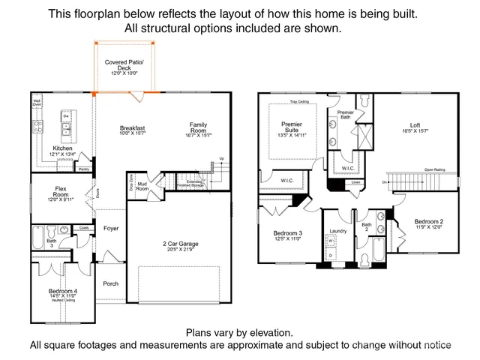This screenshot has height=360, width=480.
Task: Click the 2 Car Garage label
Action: click(178, 244)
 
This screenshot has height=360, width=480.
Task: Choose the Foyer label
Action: click(111, 228)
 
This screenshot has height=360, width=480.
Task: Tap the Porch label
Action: click(111, 283)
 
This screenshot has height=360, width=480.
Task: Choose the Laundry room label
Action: click(337, 231)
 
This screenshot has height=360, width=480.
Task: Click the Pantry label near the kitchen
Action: click(84, 169)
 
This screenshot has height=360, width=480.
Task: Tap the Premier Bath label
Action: click(345, 114)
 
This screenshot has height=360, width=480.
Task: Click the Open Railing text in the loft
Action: click(434, 170)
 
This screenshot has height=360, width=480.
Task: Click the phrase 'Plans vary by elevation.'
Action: click(239, 332)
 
